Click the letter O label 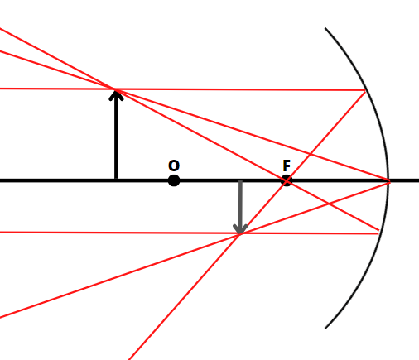tap(174, 166)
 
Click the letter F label tap(287, 166)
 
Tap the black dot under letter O tap(174, 180)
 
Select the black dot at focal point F tap(287, 180)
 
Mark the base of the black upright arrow tap(116, 180)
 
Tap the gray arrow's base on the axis tap(240, 181)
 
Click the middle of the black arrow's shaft tap(116, 135)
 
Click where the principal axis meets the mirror tap(389, 180)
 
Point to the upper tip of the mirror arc tap(325, 28)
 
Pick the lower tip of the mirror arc tap(325, 329)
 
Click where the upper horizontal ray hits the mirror tap(366, 90)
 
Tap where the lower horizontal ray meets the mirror tap(379, 233)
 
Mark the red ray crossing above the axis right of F tap(310, 154)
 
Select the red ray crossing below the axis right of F tap(329, 204)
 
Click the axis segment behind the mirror tap(404, 180)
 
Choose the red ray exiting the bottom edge tap(184, 296)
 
